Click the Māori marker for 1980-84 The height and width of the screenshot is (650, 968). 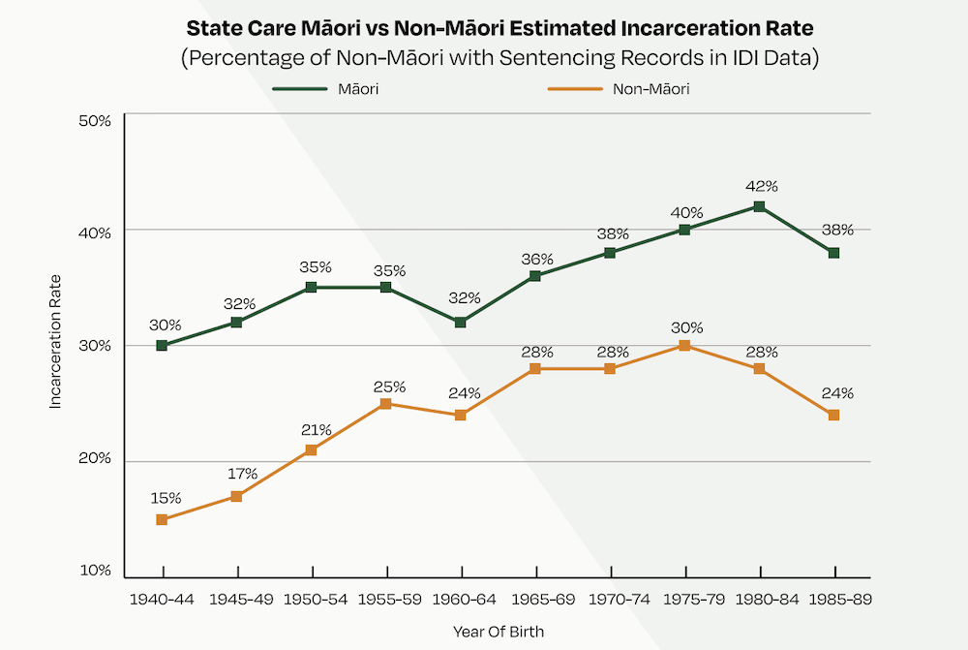[x=759, y=206]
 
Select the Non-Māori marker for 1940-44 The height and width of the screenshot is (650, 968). [x=162, y=520]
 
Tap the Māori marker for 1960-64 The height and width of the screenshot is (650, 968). [x=461, y=323]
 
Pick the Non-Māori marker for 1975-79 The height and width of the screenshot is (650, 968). [x=684, y=346]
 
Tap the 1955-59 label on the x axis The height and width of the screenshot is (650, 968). [x=386, y=600]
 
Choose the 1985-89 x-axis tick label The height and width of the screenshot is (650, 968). [x=833, y=600]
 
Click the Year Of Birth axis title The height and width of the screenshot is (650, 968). [x=499, y=632]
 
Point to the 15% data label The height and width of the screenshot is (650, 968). [x=166, y=499]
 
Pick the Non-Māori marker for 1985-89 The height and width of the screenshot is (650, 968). [x=833, y=416]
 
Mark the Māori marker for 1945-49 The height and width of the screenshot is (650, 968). [x=236, y=323]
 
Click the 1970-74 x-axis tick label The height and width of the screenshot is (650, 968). [x=610, y=600]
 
